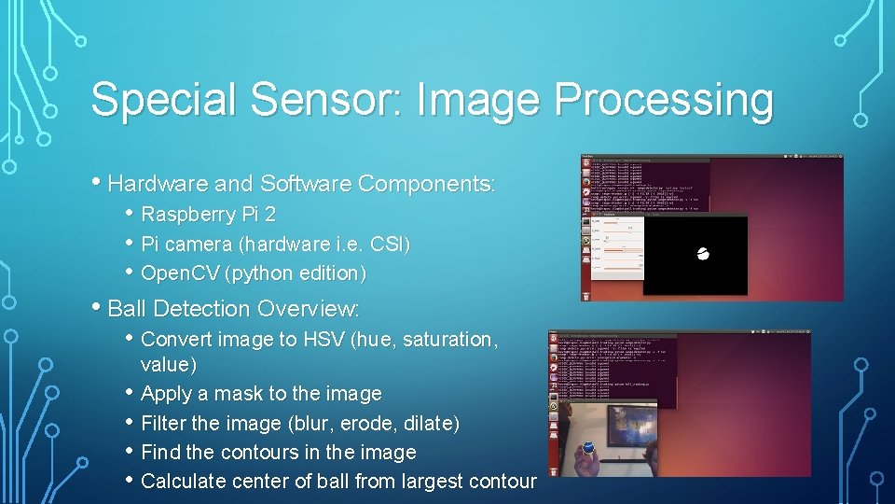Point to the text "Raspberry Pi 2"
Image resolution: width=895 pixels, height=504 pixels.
coord(208,215)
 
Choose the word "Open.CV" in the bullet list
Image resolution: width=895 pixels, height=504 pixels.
coord(181,273)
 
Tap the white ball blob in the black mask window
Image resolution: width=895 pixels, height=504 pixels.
coord(703,254)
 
